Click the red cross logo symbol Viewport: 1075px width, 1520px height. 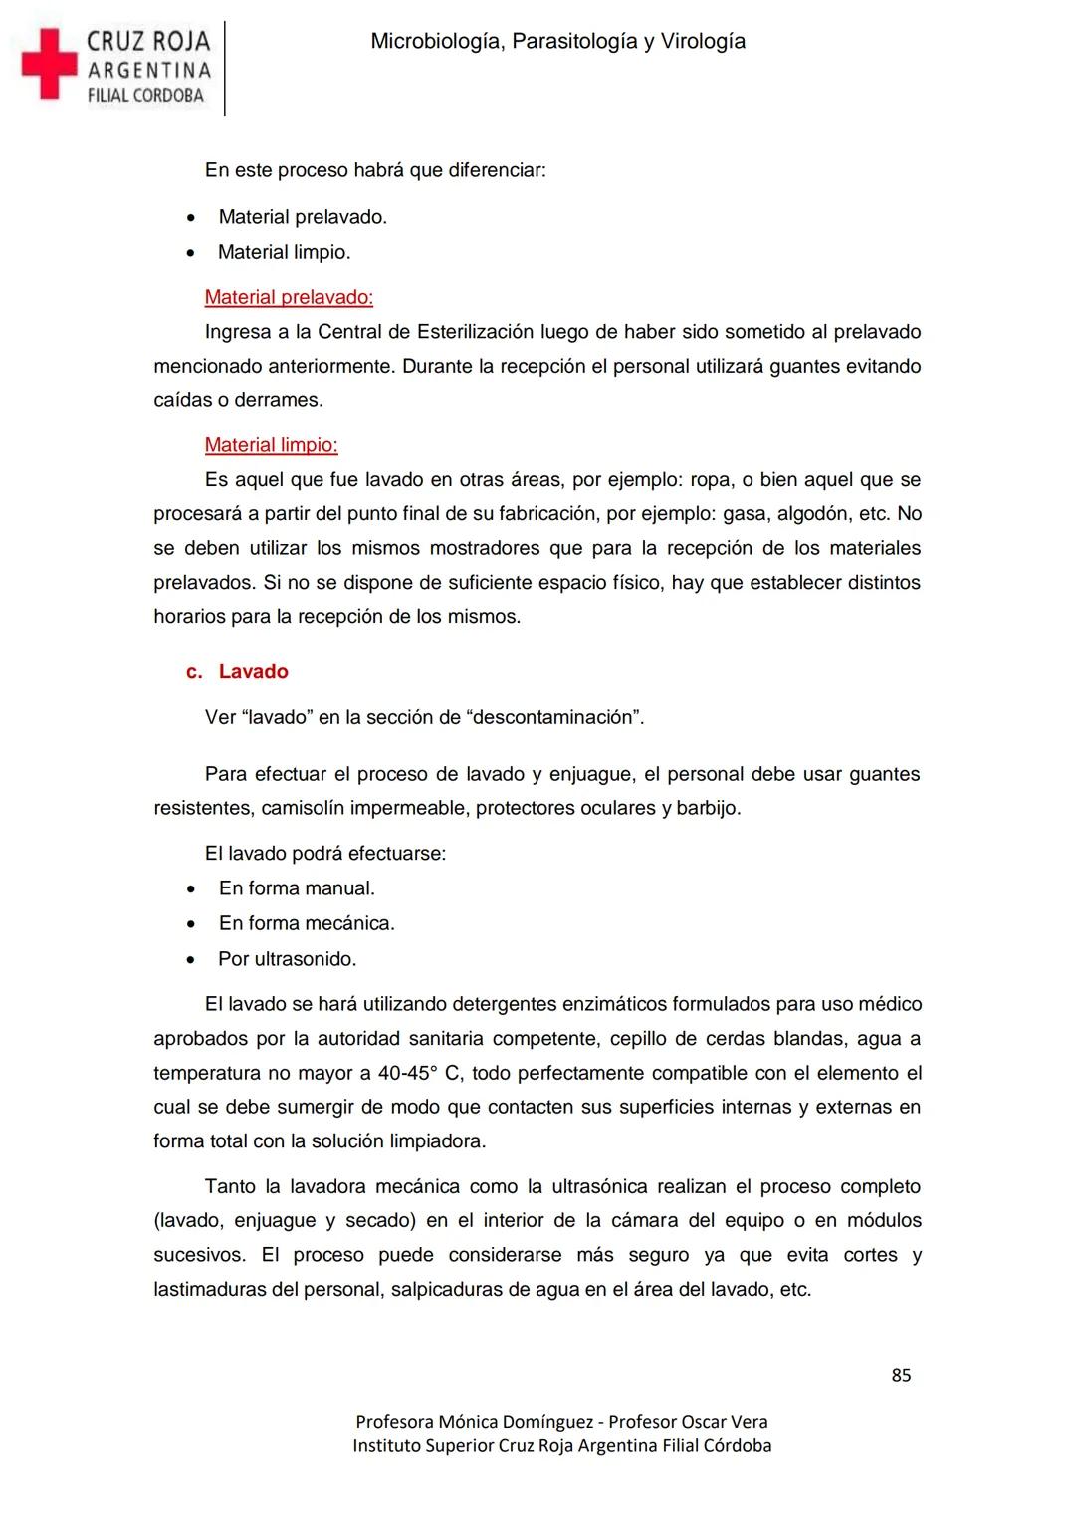point(49,64)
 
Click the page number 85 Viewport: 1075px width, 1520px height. point(901,1375)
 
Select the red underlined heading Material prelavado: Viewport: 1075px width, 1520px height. point(289,297)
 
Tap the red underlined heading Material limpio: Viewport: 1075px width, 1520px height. point(271,445)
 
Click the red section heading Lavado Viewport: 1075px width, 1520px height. point(253,671)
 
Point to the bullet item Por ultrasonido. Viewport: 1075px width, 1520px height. point(287,959)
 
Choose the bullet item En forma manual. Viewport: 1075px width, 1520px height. point(297,888)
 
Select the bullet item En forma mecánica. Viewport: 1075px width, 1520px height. point(307,923)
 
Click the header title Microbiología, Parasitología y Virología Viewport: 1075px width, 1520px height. point(557,41)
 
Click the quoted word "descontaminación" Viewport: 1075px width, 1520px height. point(554,717)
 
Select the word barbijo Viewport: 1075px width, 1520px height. point(708,808)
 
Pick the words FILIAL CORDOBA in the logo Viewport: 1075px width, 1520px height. point(145,96)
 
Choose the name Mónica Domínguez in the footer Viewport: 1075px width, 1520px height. point(515,1422)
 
